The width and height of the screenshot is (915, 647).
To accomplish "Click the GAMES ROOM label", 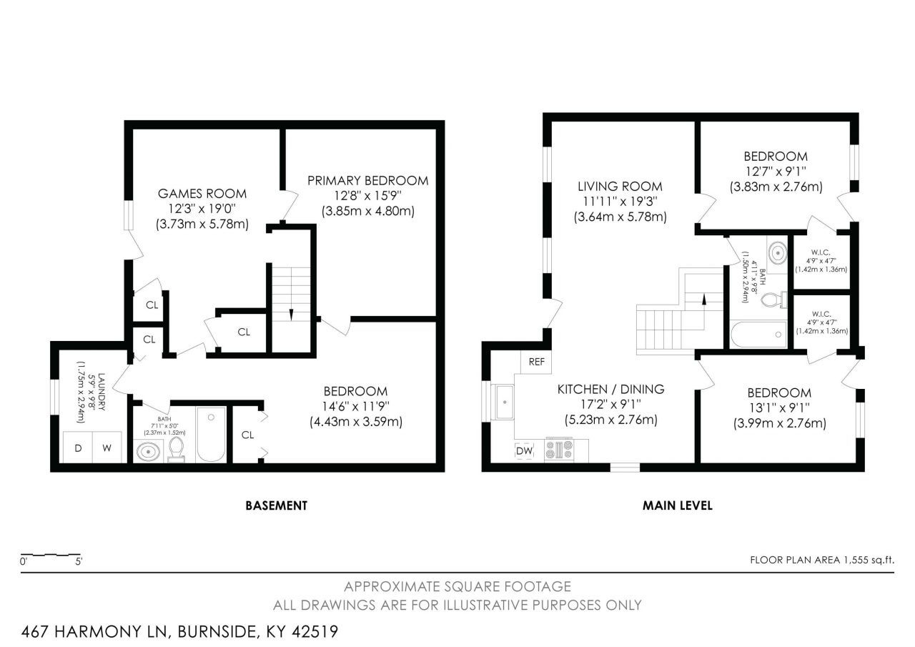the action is click(202, 193).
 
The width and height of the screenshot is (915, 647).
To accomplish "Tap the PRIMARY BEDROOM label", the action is click(367, 180).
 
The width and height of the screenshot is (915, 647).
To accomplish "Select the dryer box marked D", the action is click(78, 448).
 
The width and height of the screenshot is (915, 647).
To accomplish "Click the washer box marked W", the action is click(107, 448).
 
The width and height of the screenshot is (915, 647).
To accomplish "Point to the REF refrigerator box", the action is click(536, 362).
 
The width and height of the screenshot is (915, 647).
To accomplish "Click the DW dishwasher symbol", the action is click(524, 451).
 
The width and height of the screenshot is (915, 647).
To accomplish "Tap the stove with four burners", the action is click(559, 450).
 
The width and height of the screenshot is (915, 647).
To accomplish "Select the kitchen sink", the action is click(505, 402).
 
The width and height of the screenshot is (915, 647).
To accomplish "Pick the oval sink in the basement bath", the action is click(149, 452).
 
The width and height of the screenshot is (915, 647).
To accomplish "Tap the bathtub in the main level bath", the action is click(758, 334).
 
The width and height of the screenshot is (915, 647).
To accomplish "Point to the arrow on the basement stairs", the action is click(291, 315).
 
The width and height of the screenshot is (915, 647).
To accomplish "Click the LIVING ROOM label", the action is click(620, 187).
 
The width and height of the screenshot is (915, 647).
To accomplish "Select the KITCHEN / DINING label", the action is click(610, 389).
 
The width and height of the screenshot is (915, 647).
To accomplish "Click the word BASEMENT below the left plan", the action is click(276, 505).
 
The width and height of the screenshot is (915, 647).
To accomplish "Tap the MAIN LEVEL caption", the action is click(678, 505).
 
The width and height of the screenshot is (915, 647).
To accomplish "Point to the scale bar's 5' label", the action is click(79, 561).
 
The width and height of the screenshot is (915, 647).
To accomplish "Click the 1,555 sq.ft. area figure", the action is click(868, 560).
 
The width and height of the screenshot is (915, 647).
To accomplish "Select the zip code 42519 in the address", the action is click(315, 631).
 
